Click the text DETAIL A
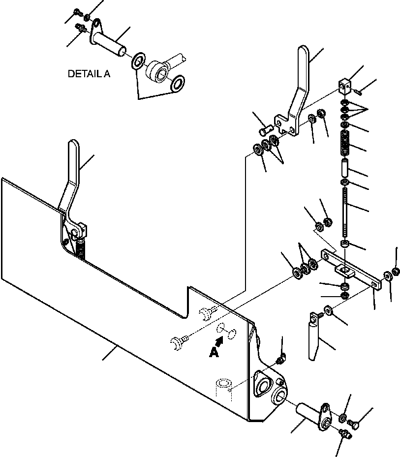click(89, 74)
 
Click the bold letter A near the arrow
click(214, 353)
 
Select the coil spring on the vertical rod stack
click(345, 143)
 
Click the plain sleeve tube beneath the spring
click(345, 168)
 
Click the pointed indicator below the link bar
click(314, 336)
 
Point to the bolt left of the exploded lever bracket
click(265, 129)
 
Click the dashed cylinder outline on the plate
click(223, 390)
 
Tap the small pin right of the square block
click(358, 92)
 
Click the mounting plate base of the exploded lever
click(286, 125)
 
